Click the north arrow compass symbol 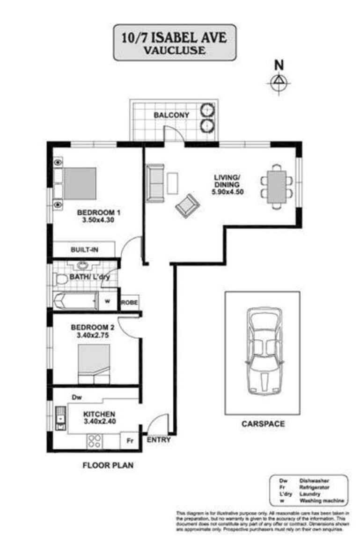click(x=279, y=83)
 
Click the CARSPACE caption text click(x=263, y=424)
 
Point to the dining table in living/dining click(x=277, y=187)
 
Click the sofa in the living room click(x=155, y=183)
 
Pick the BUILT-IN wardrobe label click(x=84, y=250)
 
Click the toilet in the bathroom click(x=61, y=280)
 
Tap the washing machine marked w click(x=107, y=301)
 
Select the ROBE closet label click(x=130, y=303)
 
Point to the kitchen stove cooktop click(x=95, y=441)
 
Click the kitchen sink click(x=60, y=418)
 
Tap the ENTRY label click(x=159, y=440)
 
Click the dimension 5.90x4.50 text click(x=227, y=192)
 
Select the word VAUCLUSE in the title click(x=174, y=50)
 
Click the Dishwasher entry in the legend click(x=309, y=480)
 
